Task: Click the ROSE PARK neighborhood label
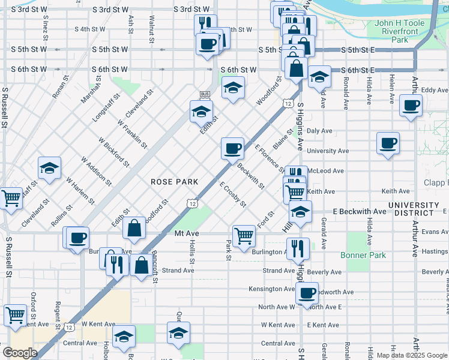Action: click(x=174, y=182)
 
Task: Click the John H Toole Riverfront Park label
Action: click(x=399, y=31)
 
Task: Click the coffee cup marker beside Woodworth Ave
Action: click(x=307, y=293)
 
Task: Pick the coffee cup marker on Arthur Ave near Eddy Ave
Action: click(x=411, y=106)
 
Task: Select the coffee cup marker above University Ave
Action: click(x=388, y=143)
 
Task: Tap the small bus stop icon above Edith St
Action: click(x=205, y=94)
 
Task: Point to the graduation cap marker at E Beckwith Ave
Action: click(x=300, y=211)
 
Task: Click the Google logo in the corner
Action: click(x=20, y=353)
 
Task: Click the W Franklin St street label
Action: click(x=132, y=133)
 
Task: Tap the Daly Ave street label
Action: click(x=319, y=130)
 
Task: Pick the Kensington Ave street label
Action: click(x=272, y=289)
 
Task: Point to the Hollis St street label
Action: click(x=192, y=252)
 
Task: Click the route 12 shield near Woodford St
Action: click(x=289, y=104)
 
